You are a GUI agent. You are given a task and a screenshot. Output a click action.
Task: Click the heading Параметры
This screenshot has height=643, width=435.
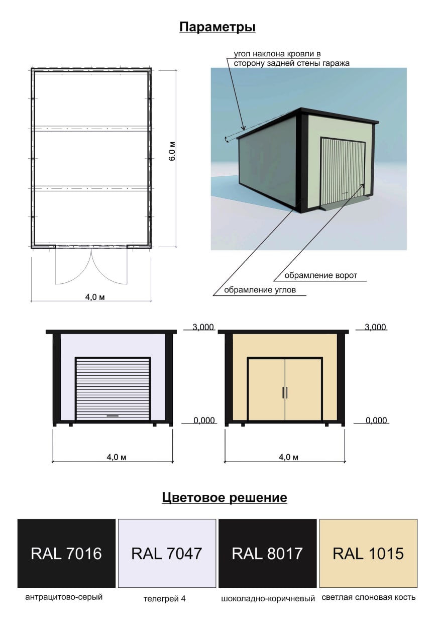[x=217, y=27]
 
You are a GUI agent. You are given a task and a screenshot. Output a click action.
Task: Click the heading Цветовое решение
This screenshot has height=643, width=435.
[x=224, y=497]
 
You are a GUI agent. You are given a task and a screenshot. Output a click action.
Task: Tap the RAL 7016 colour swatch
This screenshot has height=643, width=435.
[x=66, y=553]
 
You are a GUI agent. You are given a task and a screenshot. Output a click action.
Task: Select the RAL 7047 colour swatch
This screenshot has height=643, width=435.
[x=167, y=553]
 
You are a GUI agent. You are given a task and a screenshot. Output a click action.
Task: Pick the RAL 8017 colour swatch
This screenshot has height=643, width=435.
[x=267, y=553]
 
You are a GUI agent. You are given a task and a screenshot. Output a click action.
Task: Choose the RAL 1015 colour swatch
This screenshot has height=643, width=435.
[x=368, y=553]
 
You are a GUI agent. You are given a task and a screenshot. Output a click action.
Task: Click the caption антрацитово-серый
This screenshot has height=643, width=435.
[x=64, y=597]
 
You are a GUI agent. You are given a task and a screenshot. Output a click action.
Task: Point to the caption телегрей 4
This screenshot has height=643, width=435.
[x=165, y=599]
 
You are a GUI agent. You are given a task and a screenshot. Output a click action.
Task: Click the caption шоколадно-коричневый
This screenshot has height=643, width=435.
[x=268, y=599]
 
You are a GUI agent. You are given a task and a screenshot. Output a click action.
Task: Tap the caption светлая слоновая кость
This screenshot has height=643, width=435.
[x=368, y=597]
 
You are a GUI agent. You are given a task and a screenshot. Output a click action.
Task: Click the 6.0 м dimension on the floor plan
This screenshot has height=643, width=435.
[x=172, y=151]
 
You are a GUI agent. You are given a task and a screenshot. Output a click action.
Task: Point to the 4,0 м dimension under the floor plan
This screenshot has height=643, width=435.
[x=95, y=297]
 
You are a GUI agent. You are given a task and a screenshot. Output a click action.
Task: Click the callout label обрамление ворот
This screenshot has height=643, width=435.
[x=321, y=276]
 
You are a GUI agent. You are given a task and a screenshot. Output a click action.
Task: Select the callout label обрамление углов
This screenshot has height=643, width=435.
[x=260, y=290]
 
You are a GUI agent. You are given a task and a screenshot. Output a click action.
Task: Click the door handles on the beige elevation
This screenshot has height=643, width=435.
[x=285, y=392]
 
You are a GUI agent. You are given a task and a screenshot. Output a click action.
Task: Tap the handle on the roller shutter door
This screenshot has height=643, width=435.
[x=113, y=415]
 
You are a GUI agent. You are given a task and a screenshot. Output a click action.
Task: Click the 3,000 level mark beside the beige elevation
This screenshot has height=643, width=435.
[x=375, y=327]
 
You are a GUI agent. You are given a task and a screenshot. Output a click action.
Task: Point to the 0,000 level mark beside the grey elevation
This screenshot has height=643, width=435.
[x=204, y=420]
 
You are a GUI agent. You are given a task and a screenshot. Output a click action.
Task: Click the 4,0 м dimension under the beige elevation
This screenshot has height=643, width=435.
[x=289, y=457]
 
